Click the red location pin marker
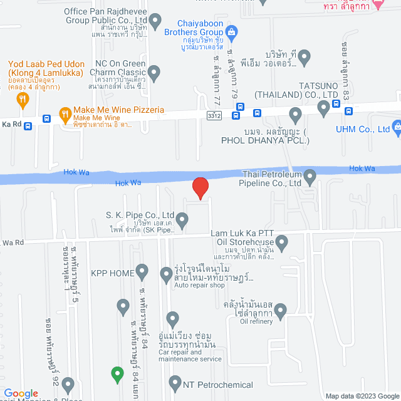pos(200,188)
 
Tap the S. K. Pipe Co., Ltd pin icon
pos(182,220)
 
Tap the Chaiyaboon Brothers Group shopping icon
pos(231,31)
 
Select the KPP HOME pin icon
pos(142,273)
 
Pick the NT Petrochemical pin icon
pos(174,382)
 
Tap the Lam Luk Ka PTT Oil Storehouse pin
pos(282,241)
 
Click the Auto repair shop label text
pos(199,285)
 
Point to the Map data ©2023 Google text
pos(358,395)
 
